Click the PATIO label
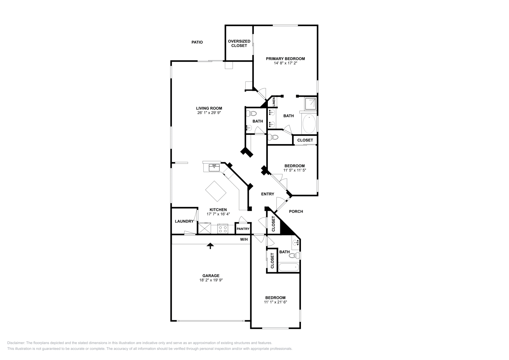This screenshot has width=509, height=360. (x=197, y=42)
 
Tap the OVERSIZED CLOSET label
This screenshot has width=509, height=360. (x=239, y=43)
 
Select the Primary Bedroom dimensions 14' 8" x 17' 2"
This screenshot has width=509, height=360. (x=285, y=63)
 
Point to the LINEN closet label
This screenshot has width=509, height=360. (x=274, y=102)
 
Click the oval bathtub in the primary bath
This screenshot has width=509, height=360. (x=309, y=124)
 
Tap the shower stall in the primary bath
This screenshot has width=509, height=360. (x=310, y=104)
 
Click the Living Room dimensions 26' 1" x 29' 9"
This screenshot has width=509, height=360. (x=209, y=113)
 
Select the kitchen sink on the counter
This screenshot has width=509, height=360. (x=214, y=168)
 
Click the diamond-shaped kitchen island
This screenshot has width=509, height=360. (x=216, y=191)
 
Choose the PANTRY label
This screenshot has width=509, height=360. (x=243, y=229)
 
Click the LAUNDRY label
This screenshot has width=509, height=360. (x=184, y=221)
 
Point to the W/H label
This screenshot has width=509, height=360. (x=244, y=239)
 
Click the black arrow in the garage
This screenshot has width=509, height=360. (x=210, y=246)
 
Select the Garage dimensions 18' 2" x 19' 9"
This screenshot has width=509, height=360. (x=211, y=280)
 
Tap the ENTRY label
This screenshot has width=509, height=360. (x=268, y=194)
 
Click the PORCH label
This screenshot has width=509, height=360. (x=296, y=211)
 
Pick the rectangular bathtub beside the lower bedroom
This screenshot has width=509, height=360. (x=289, y=267)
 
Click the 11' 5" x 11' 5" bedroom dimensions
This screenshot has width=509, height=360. (x=295, y=170)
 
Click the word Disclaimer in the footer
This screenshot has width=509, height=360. (x=16, y=343)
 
